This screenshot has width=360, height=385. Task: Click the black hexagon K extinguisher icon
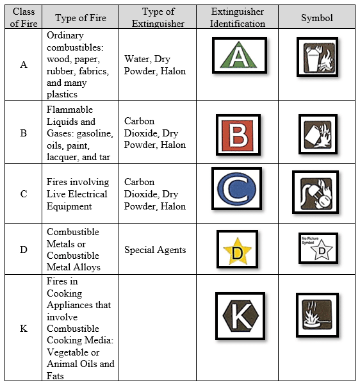tap(240, 316)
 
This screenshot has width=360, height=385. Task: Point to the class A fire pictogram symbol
tap(317, 57)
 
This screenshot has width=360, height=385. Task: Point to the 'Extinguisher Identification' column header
tap(238, 18)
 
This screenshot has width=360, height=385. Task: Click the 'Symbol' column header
tap(317, 18)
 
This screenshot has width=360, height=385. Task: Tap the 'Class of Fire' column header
tap(23, 18)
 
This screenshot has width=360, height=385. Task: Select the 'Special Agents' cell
tap(155, 250)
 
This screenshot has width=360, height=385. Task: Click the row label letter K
tap(24, 329)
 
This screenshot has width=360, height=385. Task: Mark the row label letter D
tap(24, 250)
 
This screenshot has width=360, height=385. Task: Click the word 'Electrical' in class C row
tap(85, 194)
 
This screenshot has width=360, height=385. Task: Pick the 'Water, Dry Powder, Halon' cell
tap(155, 65)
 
